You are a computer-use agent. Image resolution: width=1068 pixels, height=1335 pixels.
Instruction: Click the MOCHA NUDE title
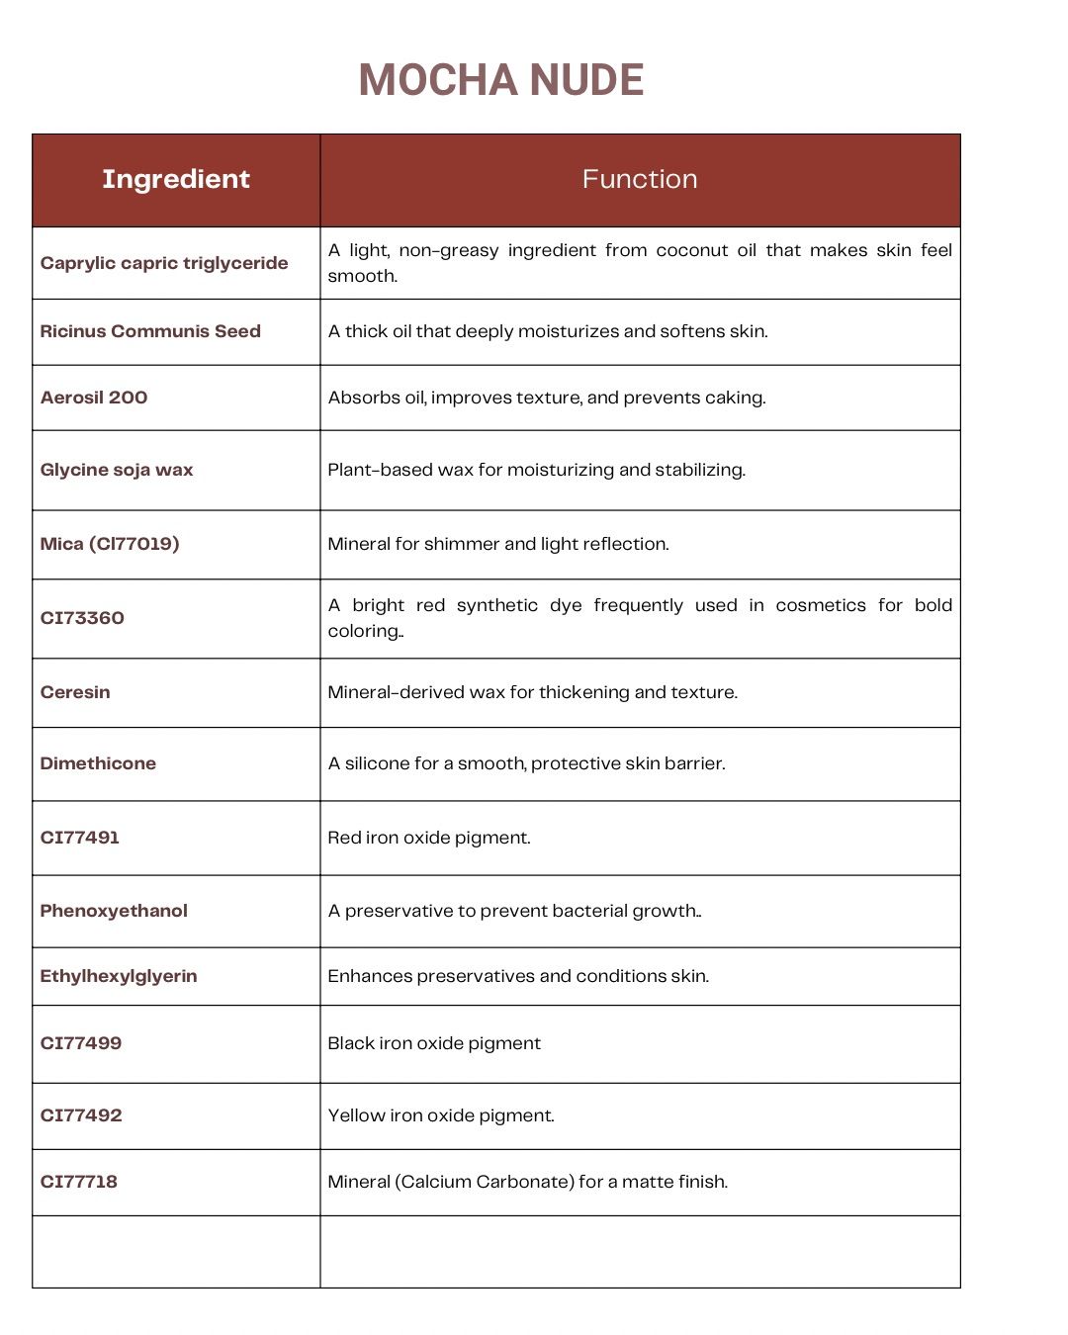coord(501,80)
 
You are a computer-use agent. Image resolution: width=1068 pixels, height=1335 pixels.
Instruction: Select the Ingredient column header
coord(176,179)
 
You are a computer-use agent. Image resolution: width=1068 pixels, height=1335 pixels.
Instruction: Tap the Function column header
coord(640,179)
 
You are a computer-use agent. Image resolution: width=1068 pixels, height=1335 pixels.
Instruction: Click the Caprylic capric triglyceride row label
coord(164,263)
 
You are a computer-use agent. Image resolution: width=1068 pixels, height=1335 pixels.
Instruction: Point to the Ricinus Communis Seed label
coord(150,331)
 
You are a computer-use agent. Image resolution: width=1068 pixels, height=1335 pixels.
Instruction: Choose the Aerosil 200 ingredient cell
coord(94,398)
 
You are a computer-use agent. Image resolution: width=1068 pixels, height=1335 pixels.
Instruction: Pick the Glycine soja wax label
coord(117,470)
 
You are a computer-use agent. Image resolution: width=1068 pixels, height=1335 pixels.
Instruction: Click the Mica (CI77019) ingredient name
coord(110,544)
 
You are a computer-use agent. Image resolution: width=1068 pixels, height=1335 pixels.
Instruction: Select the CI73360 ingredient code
coord(82,618)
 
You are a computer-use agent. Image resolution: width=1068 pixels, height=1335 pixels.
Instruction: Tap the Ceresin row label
coord(75,692)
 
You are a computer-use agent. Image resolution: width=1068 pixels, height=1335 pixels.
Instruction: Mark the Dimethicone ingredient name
coord(98,763)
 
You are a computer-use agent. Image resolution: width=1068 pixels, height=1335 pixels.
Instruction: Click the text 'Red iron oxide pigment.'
coord(429,838)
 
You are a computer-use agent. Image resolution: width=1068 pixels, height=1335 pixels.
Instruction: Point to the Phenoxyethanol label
coord(114,911)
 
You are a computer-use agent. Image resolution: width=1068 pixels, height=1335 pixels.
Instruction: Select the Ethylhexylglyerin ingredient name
coord(119,976)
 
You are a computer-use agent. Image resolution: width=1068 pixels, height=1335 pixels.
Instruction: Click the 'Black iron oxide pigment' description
coord(434,1043)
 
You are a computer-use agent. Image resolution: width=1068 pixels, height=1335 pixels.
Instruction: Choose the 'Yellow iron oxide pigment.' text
coord(441,1115)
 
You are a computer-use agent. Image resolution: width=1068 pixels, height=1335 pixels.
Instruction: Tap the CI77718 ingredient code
coord(79,1182)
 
